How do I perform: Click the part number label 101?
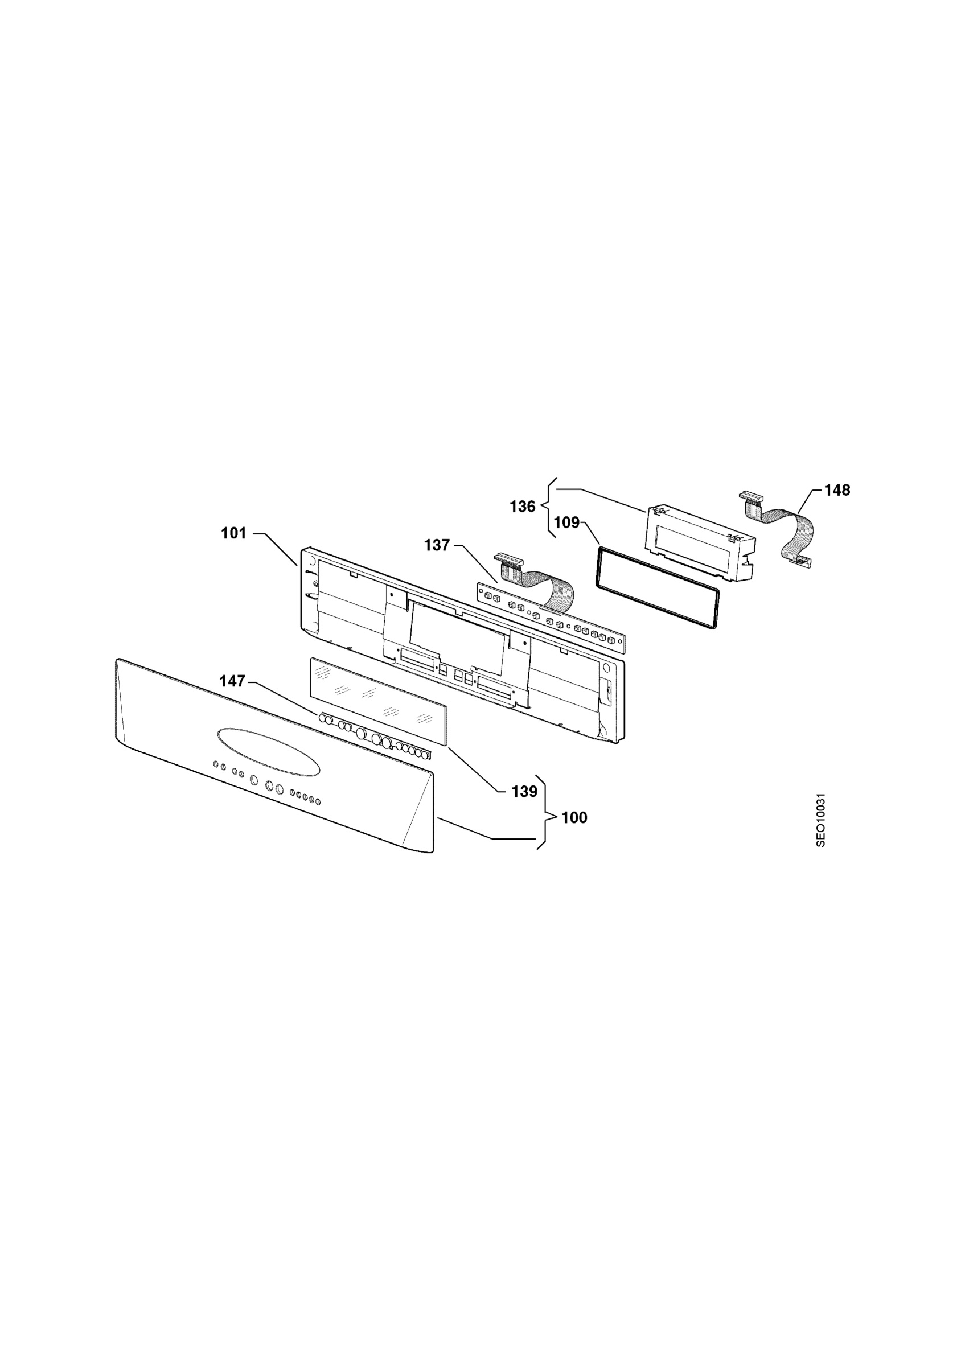click(x=233, y=533)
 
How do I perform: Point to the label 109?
click(x=566, y=522)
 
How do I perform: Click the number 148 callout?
click(x=837, y=490)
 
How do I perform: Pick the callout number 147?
click(x=233, y=681)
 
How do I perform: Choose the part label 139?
click(x=524, y=791)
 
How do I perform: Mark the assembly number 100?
click(x=574, y=817)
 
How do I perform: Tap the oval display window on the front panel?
click(x=269, y=752)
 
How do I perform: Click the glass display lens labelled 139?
click(x=378, y=701)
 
